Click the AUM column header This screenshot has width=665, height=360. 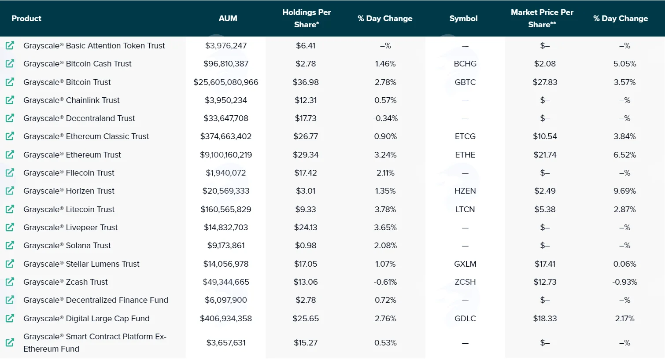pos(228,18)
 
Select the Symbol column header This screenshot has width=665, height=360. pos(463,18)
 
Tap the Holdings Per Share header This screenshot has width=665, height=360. pos(307,18)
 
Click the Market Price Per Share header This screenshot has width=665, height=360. pos(542,18)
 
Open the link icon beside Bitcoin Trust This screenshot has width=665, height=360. pos(10,82)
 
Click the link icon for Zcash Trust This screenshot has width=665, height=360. pos(10,282)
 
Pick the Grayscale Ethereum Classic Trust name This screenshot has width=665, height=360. pos(86,136)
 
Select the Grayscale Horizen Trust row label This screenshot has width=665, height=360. pos(69,191)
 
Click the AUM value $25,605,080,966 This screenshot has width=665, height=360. pos(225,82)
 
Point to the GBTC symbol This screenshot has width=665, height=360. pos(465,82)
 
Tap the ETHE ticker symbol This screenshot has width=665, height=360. pos(465,154)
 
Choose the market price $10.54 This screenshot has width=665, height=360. pos(545,136)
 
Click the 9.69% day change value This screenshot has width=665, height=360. pos(624,191)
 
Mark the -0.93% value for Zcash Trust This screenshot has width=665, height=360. pos(624,282)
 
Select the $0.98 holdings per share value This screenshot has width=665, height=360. pos(306,246)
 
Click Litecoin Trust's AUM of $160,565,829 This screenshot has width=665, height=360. pos(225,209)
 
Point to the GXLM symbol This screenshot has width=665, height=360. pos(465,264)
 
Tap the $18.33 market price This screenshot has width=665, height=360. pos(545,319)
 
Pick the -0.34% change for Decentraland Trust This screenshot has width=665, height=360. pos(385,118)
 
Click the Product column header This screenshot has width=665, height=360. pos(26,18)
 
